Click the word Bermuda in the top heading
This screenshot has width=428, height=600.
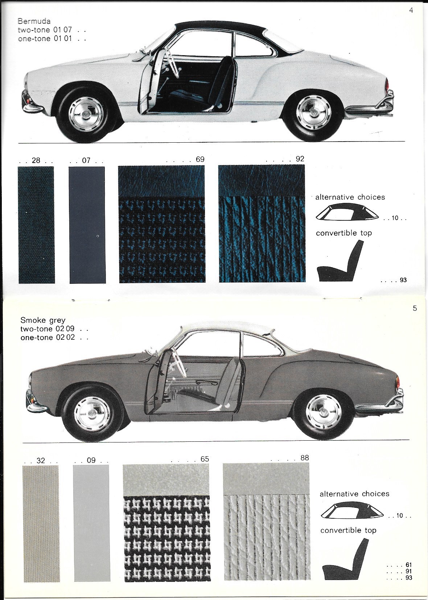point(34,21)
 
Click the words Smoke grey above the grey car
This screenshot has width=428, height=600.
point(43,320)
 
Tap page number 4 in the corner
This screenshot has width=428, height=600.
point(411,10)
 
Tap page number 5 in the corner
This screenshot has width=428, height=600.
point(415,308)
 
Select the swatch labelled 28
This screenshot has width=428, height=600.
point(36,225)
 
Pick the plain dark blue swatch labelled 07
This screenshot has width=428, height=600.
point(87,225)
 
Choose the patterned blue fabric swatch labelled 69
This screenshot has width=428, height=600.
point(162,224)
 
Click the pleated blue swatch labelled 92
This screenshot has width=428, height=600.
point(262,224)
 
